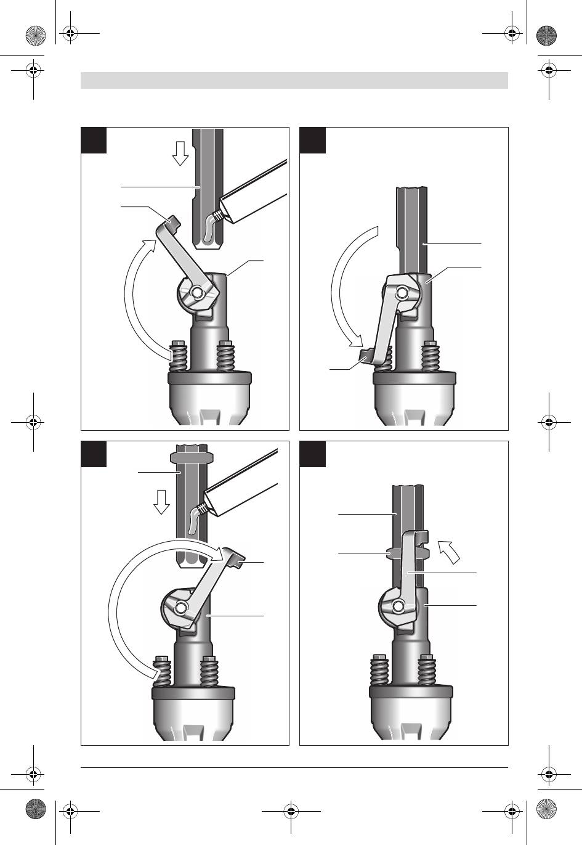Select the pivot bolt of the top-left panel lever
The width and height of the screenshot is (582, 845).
point(196,292)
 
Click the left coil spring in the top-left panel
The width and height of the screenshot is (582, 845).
point(179,357)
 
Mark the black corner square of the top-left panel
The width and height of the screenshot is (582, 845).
point(94,140)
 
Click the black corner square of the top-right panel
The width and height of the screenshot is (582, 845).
point(312,140)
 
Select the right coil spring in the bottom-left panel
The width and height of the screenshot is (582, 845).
point(209,672)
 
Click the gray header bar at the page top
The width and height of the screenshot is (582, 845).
point(294,80)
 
